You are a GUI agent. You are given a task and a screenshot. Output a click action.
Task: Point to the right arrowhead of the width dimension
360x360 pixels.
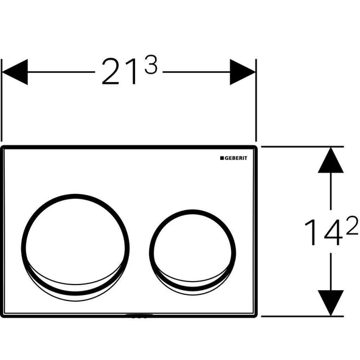coord(242,71)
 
